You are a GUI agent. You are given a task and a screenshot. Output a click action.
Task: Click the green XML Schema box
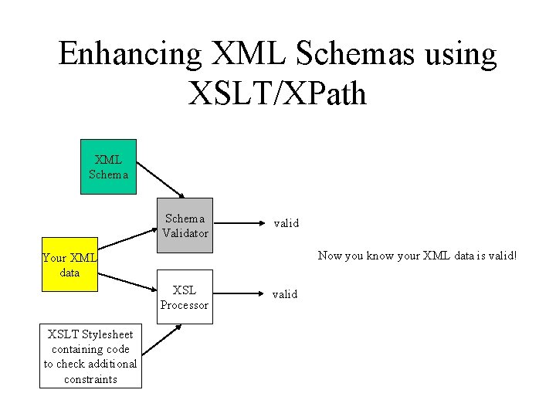coord(108,167)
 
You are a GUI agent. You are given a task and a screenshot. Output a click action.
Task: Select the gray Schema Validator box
coord(185,225)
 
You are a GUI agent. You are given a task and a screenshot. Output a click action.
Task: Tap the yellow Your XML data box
coord(69,264)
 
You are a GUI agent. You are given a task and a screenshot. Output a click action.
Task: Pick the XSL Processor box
coord(185,297)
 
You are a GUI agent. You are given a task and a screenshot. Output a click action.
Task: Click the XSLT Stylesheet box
coord(91,356)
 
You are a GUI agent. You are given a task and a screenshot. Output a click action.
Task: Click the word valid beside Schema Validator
coord(285,223)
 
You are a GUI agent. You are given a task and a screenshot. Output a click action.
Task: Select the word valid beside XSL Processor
coord(285,294)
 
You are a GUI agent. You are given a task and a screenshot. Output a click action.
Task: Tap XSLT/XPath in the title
coord(277,93)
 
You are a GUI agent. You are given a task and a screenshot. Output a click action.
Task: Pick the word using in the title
coord(457,56)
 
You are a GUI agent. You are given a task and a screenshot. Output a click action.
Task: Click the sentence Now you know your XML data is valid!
coord(416,256)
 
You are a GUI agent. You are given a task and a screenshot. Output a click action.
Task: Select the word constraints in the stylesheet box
coord(91,378)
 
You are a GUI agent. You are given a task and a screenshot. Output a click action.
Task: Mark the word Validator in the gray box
coord(185,232)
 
